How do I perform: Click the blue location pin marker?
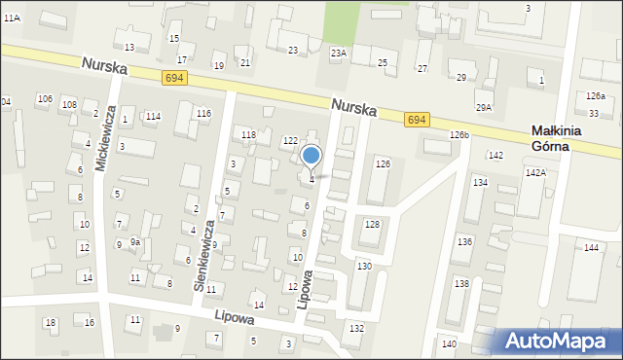point(311,157)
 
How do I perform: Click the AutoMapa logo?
point(562,342)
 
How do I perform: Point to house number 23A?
point(338,53)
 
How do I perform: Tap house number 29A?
point(484,107)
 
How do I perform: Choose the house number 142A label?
point(535,172)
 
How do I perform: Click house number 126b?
point(459,135)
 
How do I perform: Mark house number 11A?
point(12,18)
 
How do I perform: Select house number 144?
point(591,248)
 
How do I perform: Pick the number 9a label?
point(136,242)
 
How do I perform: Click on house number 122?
point(290,141)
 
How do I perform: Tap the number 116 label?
point(203,114)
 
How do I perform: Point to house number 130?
point(364,266)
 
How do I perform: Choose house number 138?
point(461,283)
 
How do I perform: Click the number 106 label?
point(45,99)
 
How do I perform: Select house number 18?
point(51,322)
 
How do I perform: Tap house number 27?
point(422,69)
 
